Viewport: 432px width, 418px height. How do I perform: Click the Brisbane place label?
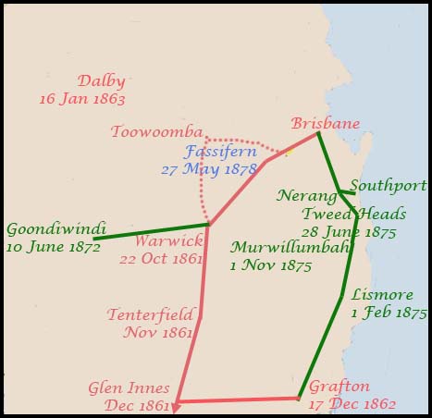tap(325, 123)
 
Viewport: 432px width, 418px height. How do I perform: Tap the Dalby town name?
tap(101, 81)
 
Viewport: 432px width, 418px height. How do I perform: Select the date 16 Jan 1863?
tap(82, 98)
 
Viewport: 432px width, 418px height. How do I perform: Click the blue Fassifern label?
tap(220, 151)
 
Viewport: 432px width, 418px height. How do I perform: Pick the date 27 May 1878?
tap(207, 168)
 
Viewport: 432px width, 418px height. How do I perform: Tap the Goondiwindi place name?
tap(56, 228)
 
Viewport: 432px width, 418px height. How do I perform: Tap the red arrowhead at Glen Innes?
tap(177, 404)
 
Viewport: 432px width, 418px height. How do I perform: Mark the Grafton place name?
tap(339, 387)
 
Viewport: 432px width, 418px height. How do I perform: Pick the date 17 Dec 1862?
tap(352, 403)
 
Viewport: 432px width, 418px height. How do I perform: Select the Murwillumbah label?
tap(277, 248)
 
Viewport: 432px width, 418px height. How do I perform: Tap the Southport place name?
tap(389, 186)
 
